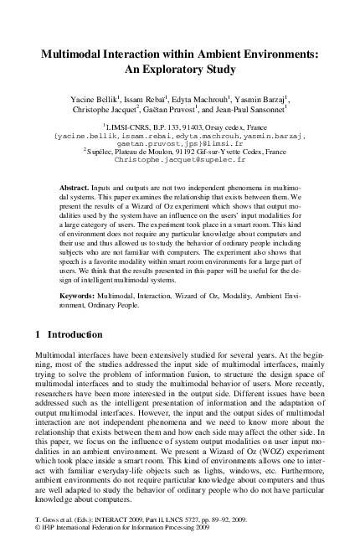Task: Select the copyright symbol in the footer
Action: [x=37, y=540]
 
